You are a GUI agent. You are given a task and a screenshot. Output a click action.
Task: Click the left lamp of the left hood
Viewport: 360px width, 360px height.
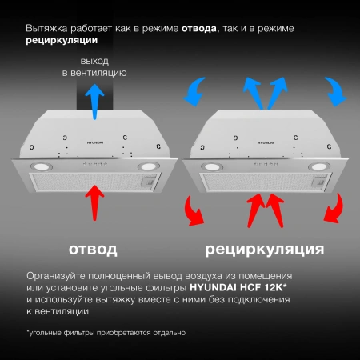[42, 166]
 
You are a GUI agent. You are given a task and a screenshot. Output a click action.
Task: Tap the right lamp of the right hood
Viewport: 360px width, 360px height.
[317, 166]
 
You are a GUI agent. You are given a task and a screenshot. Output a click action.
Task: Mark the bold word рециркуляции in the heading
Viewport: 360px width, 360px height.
[62, 39]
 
